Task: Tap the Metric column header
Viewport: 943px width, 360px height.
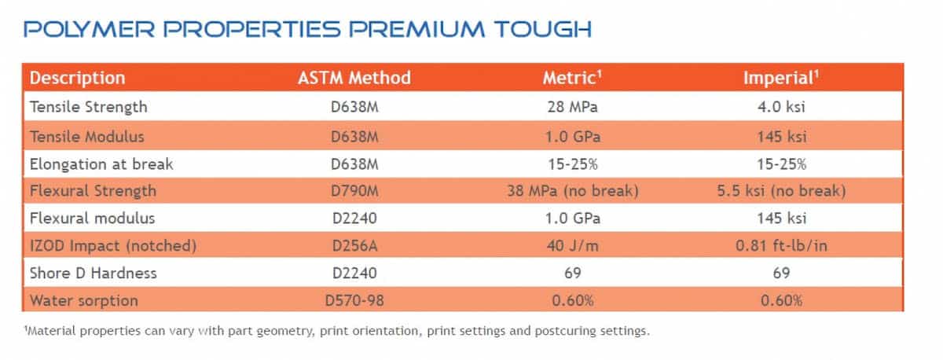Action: (x=572, y=78)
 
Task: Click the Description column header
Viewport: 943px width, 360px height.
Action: (x=77, y=78)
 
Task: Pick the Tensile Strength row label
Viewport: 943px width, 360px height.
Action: (x=88, y=105)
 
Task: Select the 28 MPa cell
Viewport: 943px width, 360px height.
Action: (x=572, y=105)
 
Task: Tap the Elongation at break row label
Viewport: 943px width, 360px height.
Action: (x=101, y=163)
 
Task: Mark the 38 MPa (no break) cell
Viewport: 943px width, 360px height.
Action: (x=572, y=191)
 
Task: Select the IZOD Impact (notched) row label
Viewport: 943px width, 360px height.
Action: (x=112, y=245)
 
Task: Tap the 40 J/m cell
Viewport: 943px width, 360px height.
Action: (x=572, y=245)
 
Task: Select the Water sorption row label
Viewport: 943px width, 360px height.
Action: (x=83, y=300)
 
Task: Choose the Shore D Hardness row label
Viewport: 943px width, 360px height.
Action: (x=93, y=273)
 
